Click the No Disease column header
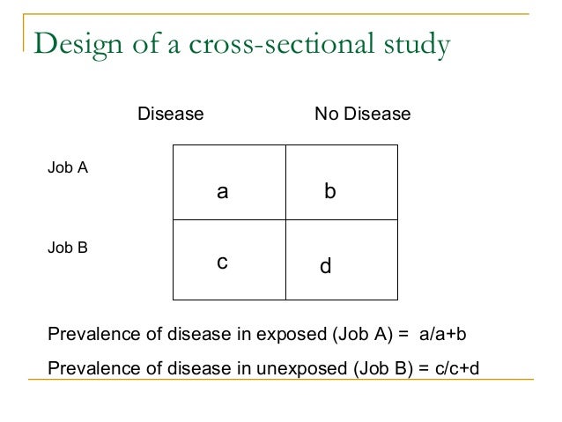point(362,115)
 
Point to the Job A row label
point(67,167)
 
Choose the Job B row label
point(67,248)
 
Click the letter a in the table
point(223,191)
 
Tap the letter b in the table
point(330,191)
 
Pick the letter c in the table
point(223,262)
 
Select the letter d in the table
point(325,266)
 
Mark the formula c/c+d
point(455,368)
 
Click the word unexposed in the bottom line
point(305,368)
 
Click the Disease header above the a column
point(170,115)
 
